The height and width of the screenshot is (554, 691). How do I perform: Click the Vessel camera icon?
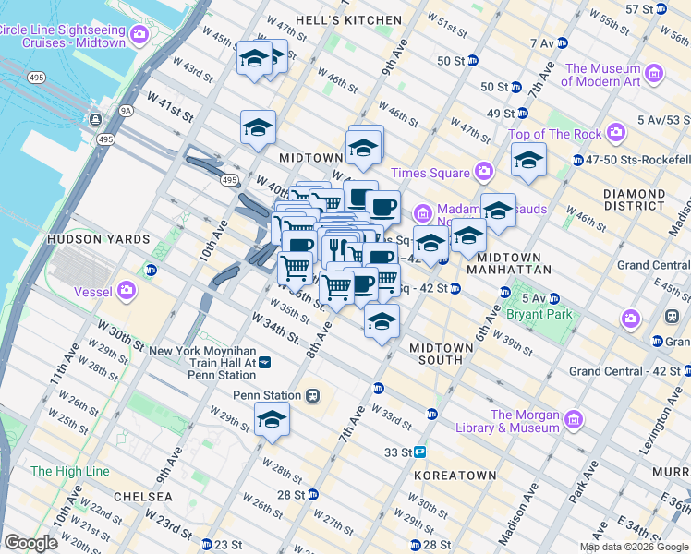[126, 293]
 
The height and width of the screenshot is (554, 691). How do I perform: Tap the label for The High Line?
[69, 471]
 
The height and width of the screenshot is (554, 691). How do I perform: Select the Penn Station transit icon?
[313, 395]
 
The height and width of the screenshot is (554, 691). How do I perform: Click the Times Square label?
[430, 173]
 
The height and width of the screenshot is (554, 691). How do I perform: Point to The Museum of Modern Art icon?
[654, 73]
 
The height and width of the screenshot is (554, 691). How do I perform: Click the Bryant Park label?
[539, 314]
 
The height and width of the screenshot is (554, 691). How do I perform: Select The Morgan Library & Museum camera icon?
[573, 420]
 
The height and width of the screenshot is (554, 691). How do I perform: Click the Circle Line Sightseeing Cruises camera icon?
[139, 36]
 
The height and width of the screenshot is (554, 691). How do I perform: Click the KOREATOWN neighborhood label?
[455, 475]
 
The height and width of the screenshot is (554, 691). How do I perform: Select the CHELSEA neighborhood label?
[142, 496]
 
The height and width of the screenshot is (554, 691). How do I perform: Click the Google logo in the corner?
[31, 543]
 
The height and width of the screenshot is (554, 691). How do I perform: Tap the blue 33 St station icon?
[420, 452]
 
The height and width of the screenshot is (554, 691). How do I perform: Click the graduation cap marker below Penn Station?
[272, 419]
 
